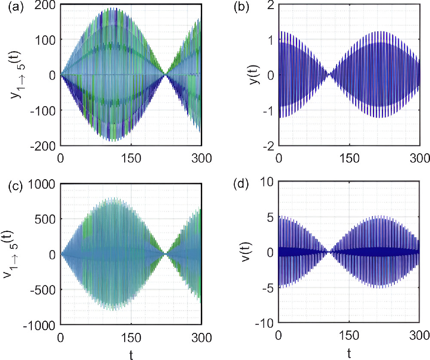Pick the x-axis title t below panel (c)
coord(131,354)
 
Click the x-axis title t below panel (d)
coord(349,354)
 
